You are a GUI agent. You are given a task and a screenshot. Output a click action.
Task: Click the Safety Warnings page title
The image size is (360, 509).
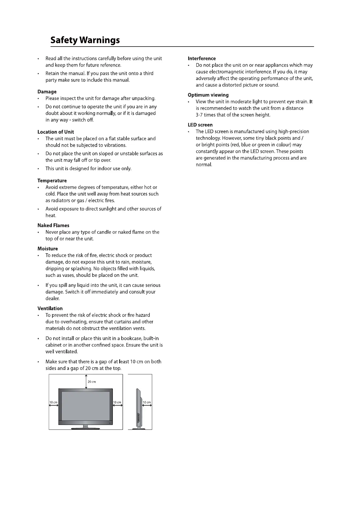pos(85,40)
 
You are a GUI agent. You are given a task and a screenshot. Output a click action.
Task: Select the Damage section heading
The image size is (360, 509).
pos(47,92)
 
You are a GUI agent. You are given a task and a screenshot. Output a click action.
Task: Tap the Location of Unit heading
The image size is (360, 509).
pos(56,132)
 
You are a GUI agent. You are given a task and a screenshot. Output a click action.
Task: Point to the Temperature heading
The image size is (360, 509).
pos(52,180)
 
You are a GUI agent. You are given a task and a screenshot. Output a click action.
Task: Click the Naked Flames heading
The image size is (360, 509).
pos(53,225)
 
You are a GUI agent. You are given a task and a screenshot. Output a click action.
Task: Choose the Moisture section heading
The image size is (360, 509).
pos(47,248)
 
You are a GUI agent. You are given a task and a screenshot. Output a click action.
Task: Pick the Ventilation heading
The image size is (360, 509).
pos(50,308)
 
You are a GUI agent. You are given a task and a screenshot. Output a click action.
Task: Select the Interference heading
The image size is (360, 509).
pos(201,58)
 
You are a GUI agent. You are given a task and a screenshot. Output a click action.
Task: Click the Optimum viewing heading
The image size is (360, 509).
pos(208,95)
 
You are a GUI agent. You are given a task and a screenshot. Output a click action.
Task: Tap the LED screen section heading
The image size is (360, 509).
pos(200,125)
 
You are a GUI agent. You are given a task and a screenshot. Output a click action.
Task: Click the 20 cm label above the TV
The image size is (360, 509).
pos(92,382)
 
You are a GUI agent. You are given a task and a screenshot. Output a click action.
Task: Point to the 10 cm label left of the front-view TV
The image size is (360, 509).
pos(53,402)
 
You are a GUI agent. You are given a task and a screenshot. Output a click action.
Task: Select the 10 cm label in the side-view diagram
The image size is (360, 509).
pos(147,402)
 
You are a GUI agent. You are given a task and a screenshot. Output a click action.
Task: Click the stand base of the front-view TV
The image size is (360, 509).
pos(86,428)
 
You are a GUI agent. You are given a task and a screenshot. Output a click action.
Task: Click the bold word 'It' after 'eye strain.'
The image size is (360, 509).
pos(311,102)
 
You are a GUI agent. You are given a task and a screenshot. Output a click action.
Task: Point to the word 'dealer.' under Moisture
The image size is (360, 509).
pos(52,298)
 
